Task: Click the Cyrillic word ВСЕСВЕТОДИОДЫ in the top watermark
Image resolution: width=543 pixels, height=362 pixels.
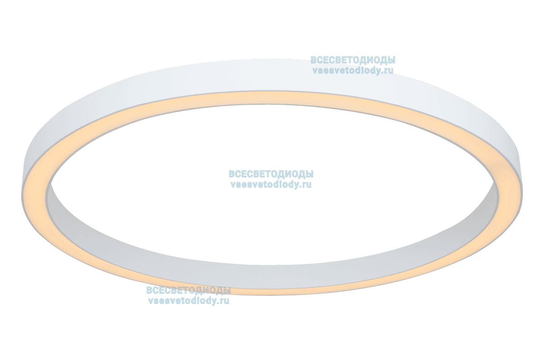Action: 353,60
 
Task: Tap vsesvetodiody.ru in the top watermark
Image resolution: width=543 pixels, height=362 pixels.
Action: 353,71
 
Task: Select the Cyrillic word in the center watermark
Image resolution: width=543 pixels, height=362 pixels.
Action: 271,174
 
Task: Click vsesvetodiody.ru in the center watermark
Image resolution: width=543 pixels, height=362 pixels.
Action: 271,185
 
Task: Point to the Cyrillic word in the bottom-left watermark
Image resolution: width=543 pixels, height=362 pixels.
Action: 188,291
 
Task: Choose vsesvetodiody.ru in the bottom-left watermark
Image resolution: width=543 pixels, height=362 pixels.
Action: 188,301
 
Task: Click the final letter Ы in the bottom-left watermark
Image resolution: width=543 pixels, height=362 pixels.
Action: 227,291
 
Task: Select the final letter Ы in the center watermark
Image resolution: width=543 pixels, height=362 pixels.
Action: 310,174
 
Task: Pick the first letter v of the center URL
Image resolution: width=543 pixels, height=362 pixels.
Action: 233,185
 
